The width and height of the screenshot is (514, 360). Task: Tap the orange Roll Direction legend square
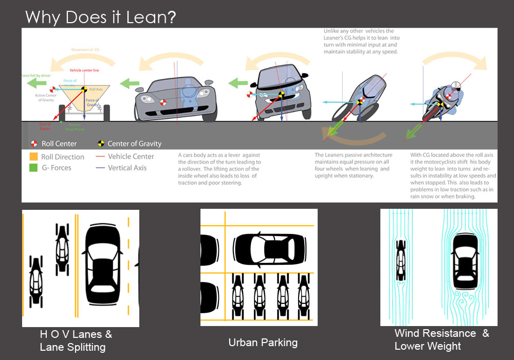(33, 157)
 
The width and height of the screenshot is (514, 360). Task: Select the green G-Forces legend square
(33, 168)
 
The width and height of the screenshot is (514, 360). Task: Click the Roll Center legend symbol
(34, 144)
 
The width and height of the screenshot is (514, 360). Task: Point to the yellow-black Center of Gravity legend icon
(101, 144)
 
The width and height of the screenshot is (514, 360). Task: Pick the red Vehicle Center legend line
(100, 157)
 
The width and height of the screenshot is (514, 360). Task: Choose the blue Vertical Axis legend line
(100, 168)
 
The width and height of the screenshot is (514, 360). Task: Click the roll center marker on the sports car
(163, 102)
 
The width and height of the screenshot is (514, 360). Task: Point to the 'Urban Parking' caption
(263, 343)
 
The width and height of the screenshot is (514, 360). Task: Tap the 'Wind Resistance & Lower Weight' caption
(442, 339)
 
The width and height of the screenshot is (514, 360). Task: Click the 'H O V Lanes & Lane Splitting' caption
(76, 340)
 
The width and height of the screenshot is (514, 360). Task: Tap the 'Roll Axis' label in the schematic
(96, 89)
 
